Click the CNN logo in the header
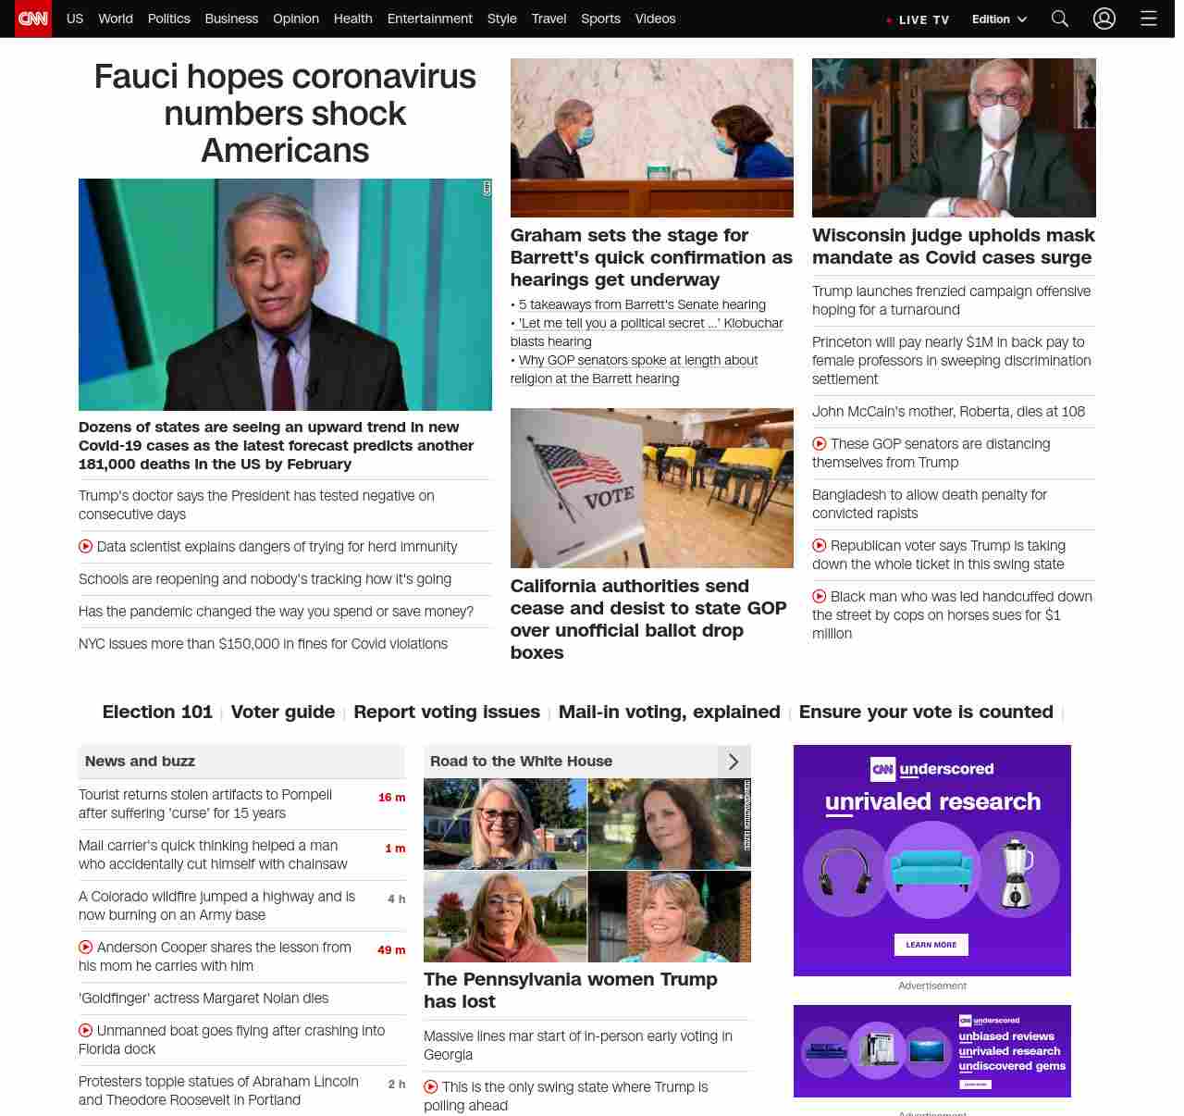point(33,19)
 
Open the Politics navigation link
point(168,19)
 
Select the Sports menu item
point(600,19)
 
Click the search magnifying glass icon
point(1060,19)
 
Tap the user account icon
point(1104,19)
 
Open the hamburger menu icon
point(1149,19)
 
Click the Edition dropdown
point(999,19)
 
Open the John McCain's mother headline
point(948,412)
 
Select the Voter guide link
point(283,712)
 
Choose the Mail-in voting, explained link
point(669,712)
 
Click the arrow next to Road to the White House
point(734,762)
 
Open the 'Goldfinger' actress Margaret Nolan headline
point(203,998)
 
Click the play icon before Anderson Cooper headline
point(86,947)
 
